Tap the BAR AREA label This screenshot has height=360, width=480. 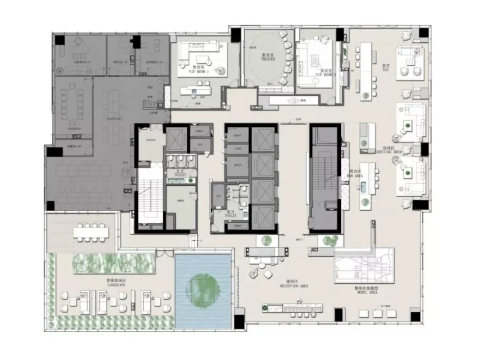[x=355, y=175]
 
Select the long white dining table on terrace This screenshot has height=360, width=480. [x=92, y=232]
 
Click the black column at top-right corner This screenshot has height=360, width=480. [x=423, y=33]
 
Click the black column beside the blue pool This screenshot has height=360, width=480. [x=238, y=319]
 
